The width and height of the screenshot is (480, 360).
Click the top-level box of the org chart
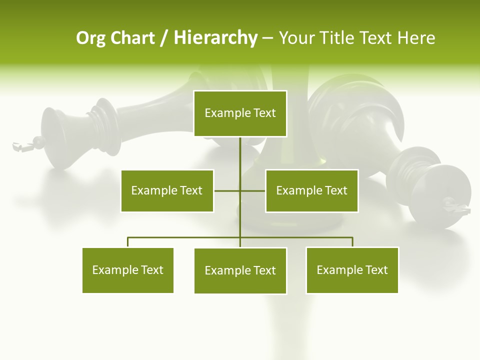(240, 113)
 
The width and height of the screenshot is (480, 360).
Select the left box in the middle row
(167, 190)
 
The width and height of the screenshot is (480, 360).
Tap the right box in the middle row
(311, 190)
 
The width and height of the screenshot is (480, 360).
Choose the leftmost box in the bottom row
(128, 270)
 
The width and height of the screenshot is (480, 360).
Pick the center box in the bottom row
(240, 270)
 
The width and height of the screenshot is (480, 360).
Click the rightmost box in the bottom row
(352, 270)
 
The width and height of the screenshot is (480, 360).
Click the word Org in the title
(90, 38)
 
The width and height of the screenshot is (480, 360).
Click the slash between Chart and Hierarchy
(164, 38)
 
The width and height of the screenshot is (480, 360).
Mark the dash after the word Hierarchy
(267, 38)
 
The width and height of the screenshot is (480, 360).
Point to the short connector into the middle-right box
(253, 190)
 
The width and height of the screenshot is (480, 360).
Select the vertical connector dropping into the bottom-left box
(128, 242)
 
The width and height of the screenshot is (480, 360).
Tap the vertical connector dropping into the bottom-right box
(352, 242)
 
